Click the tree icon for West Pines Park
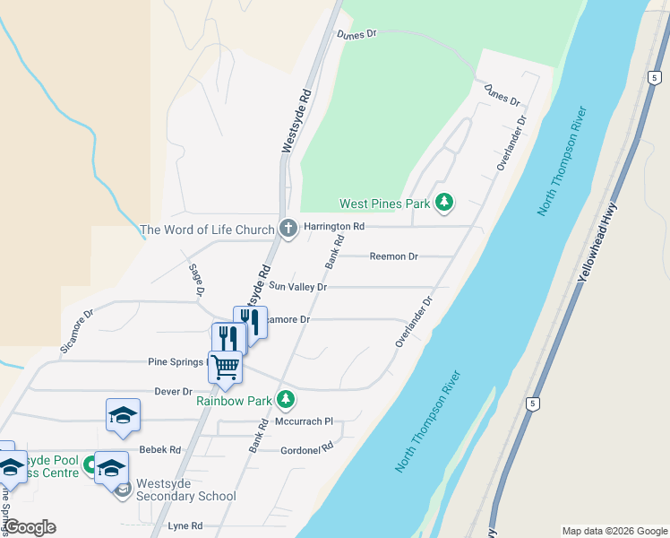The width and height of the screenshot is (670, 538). [x=443, y=203]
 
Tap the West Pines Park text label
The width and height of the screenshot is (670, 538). [x=384, y=204]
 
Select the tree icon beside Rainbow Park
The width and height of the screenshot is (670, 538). [x=286, y=398]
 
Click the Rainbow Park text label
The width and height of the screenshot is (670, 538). [x=234, y=401]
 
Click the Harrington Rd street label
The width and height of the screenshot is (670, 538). [x=334, y=227]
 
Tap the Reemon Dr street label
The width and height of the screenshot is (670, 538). [x=394, y=256]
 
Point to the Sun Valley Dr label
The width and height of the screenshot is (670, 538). [x=298, y=287]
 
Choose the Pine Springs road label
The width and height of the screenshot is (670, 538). [x=176, y=362]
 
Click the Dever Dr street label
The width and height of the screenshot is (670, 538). [x=174, y=392]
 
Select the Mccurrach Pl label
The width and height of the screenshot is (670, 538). [x=304, y=421]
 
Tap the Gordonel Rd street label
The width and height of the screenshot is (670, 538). [x=306, y=448]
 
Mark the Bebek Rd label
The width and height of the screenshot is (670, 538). [x=159, y=450]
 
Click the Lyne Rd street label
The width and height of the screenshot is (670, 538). [x=185, y=526]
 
